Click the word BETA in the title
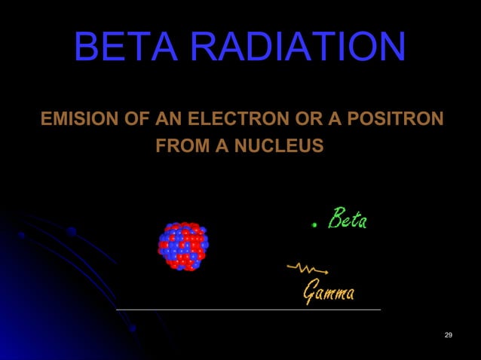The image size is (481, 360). tap(127, 47)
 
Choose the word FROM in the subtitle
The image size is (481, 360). tap(181, 144)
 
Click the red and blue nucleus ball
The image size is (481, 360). tap(183, 246)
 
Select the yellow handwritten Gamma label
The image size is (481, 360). tap(328, 290)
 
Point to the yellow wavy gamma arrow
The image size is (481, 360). tap(307, 267)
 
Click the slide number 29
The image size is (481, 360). tap(449, 334)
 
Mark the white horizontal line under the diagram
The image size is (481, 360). tap(249, 309)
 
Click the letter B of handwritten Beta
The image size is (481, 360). tap(335, 218)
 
